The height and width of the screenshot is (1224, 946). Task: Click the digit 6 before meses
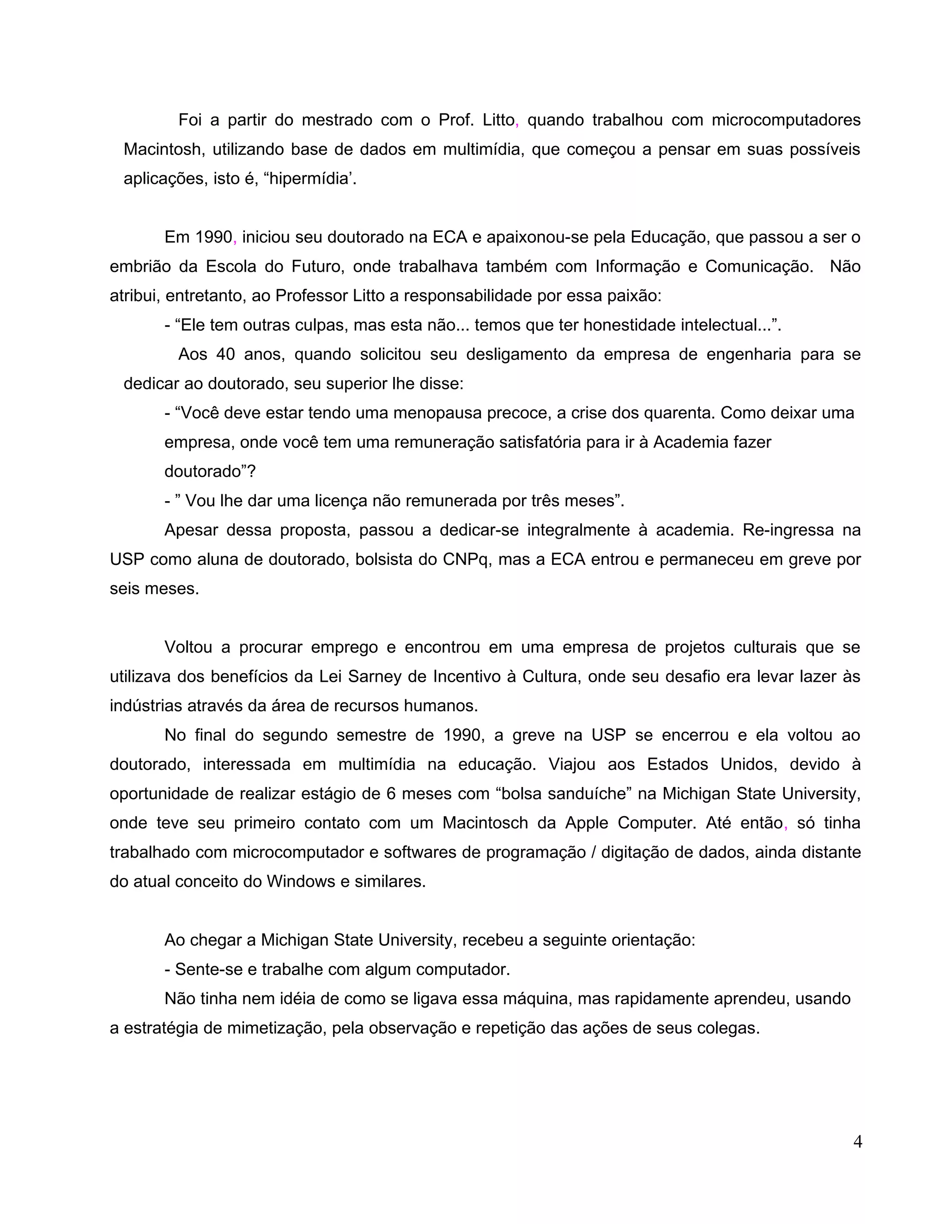(391, 794)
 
